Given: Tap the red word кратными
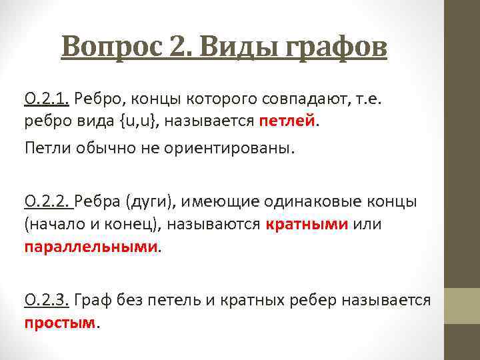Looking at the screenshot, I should [307, 224].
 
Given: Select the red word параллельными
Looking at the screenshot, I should [92, 247].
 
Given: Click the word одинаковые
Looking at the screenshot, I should [304, 201].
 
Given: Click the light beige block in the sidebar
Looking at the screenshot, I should [462, 305].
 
